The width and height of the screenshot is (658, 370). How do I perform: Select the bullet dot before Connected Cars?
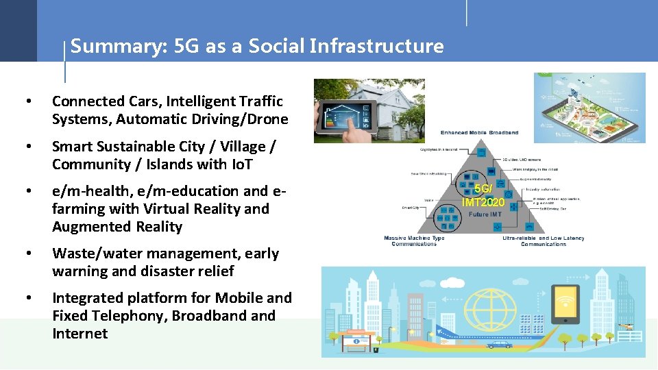(27, 101)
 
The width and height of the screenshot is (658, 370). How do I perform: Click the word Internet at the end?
(80, 334)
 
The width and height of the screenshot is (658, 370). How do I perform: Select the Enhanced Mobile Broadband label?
(479, 132)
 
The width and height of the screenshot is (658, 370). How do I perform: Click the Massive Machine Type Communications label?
(414, 241)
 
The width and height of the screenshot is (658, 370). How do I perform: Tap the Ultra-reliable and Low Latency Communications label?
(544, 241)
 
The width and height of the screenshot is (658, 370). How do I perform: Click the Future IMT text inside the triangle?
(486, 214)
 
